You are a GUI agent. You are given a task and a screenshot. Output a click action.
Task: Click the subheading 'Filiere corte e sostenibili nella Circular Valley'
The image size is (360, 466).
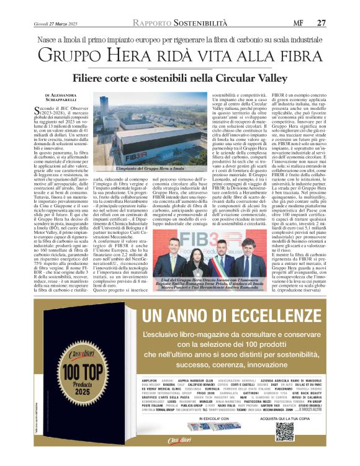pos(180,79)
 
